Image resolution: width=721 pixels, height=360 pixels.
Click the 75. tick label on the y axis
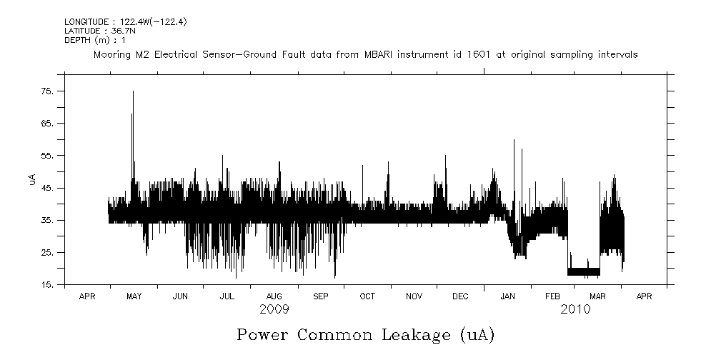click(x=46, y=91)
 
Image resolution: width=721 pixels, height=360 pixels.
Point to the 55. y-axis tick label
click(x=46, y=156)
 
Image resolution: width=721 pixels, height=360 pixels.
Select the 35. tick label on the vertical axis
click(x=46, y=221)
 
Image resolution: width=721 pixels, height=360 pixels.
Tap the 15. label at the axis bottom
click(x=46, y=285)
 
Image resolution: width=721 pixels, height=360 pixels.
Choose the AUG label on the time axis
click(x=274, y=296)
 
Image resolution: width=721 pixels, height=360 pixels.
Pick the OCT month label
click(x=367, y=296)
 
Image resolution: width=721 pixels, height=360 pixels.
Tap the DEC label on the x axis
click(x=461, y=296)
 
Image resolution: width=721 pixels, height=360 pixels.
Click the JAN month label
click(x=507, y=296)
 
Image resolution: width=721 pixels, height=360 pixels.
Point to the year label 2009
click(x=274, y=309)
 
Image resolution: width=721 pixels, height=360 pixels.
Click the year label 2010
click(x=575, y=309)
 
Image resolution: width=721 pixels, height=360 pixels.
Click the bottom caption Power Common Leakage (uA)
click(x=365, y=334)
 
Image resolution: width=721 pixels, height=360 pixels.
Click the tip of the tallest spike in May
click(x=132, y=92)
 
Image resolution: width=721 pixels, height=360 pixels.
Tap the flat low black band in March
click(x=584, y=271)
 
